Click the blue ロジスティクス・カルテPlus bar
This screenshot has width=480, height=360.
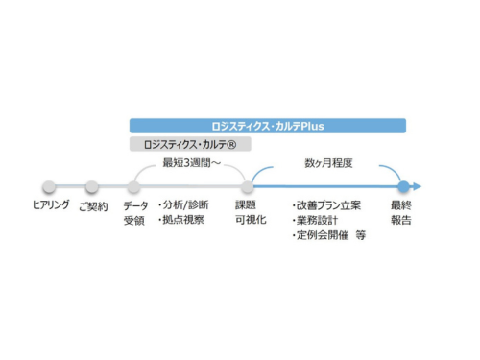268,126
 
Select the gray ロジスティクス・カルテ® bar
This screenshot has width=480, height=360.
187,144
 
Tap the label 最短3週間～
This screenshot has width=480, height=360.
194,162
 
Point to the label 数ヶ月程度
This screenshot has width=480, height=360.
328,162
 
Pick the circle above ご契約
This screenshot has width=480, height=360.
92,186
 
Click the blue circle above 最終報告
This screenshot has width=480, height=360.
404,186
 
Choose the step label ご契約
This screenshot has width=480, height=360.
93,205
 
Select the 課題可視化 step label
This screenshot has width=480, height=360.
246,213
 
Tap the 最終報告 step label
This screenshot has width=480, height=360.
401,213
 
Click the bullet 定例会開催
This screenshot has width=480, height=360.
321,235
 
